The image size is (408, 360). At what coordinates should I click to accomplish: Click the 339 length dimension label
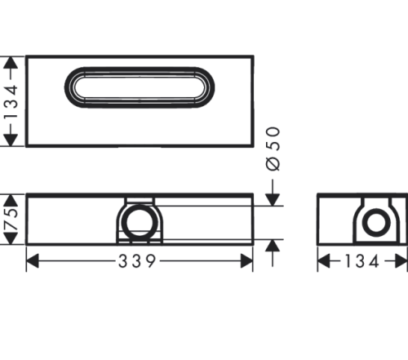tap(137, 261)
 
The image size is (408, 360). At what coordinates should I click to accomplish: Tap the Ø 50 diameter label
tap(273, 149)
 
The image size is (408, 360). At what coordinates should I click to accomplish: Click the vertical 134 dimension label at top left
tap(11, 101)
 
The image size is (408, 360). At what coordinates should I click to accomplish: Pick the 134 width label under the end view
tap(362, 261)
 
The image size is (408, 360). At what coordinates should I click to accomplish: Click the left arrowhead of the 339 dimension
tap(33, 261)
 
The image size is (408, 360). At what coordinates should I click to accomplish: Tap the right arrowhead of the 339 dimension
tap(246, 261)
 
